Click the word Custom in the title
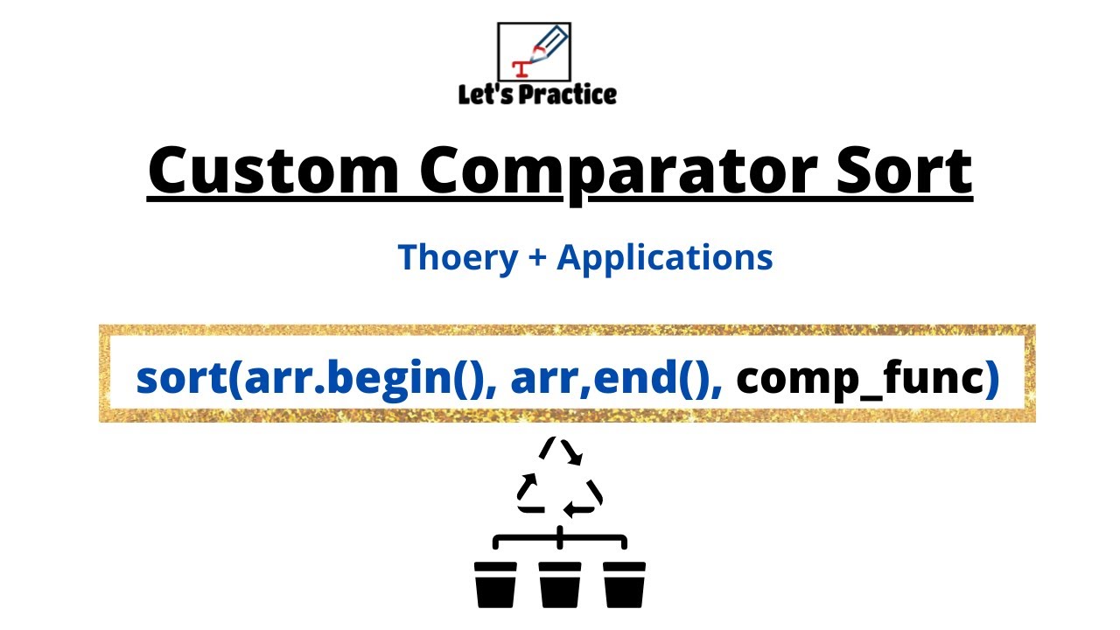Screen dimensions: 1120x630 [x=274, y=170]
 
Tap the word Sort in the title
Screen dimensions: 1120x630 [x=905, y=170]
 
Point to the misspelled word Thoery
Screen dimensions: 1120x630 [x=458, y=258]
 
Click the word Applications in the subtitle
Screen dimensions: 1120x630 [x=664, y=258]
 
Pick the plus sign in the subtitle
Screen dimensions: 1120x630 [x=537, y=258]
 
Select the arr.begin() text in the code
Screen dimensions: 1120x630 [x=365, y=379]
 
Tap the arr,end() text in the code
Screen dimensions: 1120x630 [x=610, y=379]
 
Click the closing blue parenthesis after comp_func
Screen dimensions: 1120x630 [x=992, y=379]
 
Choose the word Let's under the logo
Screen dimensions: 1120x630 [x=485, y=94]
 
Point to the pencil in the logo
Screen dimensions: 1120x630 [x=549, y=44]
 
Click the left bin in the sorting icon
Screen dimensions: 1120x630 [x=495, y=584]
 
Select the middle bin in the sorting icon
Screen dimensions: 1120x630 [x=560, y=584]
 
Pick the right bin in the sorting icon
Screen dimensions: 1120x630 [x=624, y=584]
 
